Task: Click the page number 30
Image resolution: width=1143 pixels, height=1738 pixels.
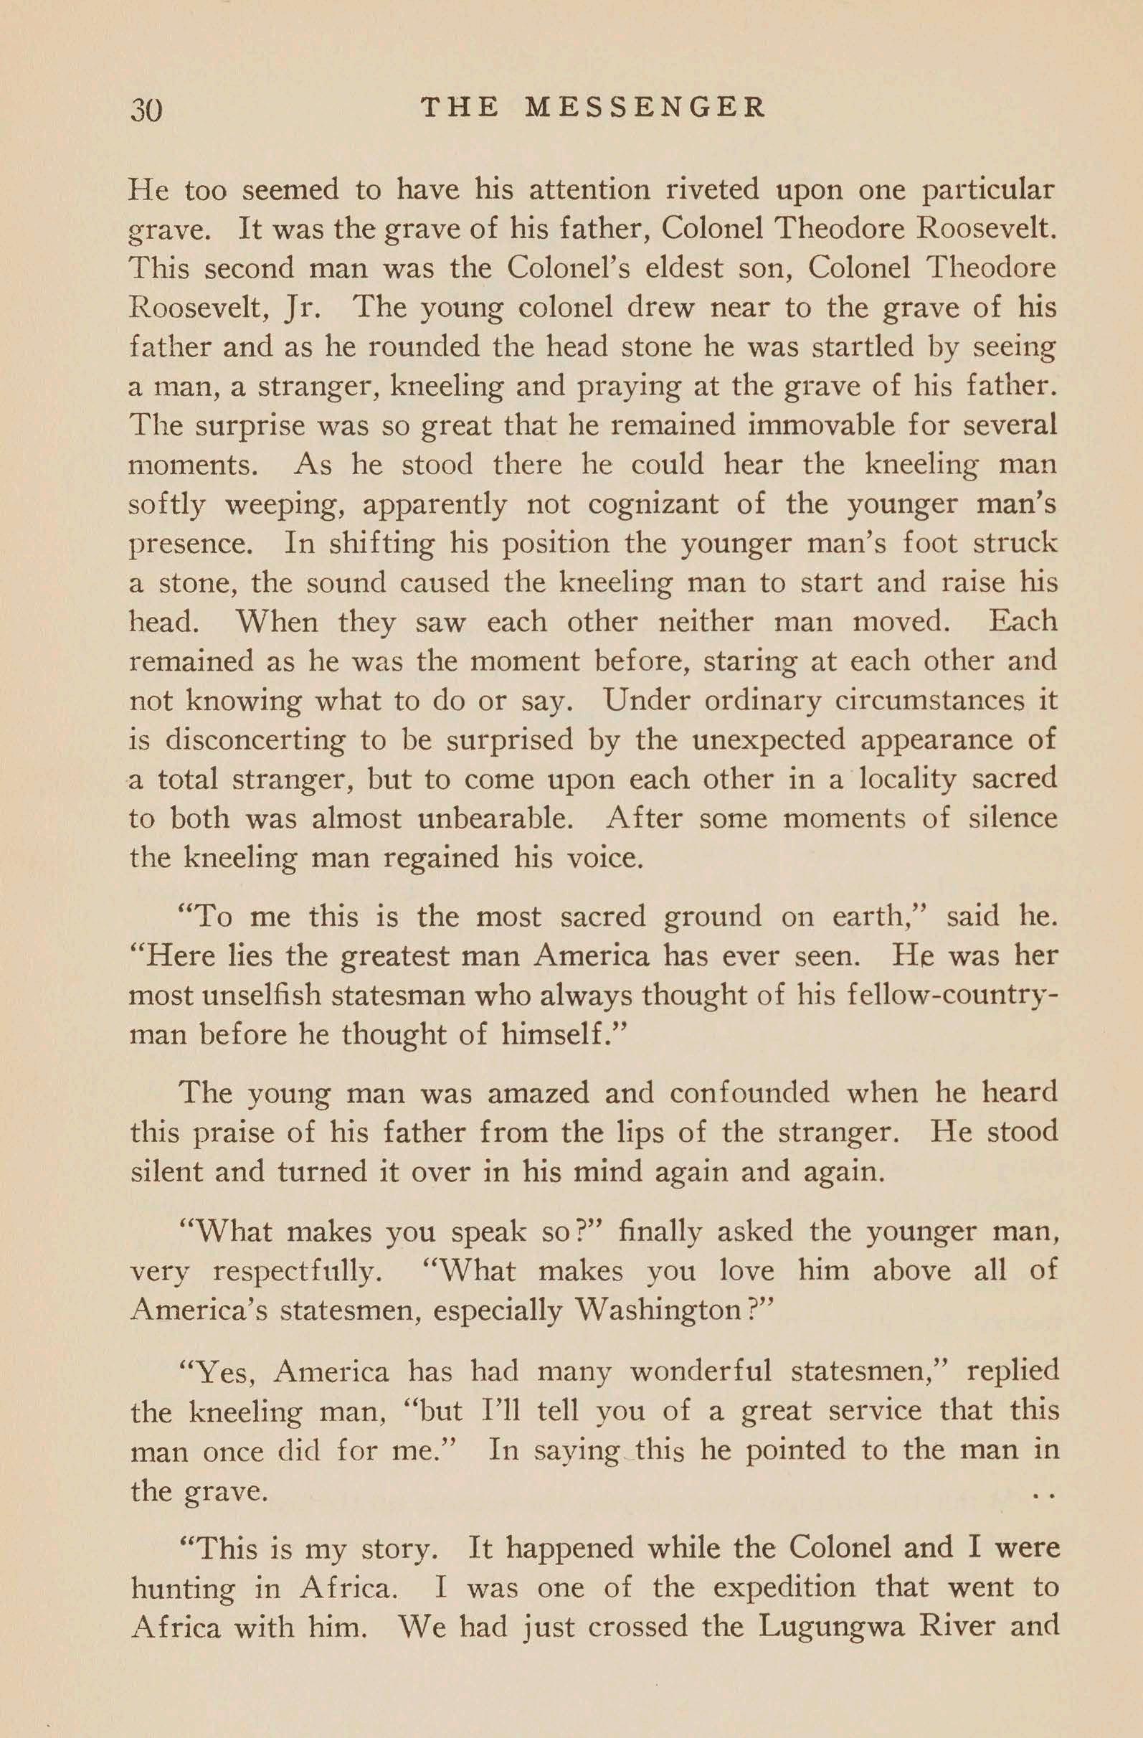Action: point(146,110)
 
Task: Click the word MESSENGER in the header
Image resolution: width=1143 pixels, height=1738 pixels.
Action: point(646,108)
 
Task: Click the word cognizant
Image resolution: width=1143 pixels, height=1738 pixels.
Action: point(661,504)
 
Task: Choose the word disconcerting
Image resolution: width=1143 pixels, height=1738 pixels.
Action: point(255,740)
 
